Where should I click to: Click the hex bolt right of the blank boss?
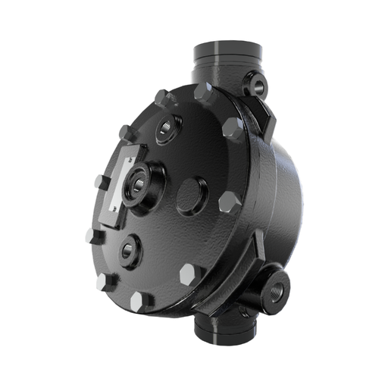229,203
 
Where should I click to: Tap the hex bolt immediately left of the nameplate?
101,183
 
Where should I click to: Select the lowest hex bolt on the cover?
139,302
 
